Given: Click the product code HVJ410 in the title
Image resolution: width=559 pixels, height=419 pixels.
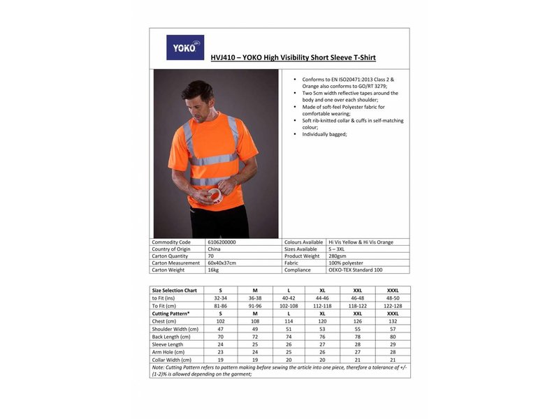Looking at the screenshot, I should (222, 58).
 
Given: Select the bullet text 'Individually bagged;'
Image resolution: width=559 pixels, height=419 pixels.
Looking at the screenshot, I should (324, 134).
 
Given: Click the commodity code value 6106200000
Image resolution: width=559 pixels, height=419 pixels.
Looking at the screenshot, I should (222, 242).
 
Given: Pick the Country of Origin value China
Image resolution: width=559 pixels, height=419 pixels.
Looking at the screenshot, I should (215, 249).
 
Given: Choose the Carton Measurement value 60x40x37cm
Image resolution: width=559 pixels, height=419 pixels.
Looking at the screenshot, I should (223, 263).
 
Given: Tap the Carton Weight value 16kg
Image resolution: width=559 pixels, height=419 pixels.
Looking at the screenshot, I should (213, 270).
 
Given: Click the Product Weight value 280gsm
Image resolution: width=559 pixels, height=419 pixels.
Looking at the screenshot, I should (339, 256).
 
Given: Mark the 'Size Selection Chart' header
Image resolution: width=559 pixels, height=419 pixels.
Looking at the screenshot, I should (175, 290).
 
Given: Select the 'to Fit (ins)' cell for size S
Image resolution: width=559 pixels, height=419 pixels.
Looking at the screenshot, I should (221, 297).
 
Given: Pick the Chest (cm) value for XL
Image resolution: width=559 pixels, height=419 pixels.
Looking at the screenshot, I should (322, 321).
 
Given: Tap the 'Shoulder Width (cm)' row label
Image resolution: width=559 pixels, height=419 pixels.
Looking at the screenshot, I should (175, 329).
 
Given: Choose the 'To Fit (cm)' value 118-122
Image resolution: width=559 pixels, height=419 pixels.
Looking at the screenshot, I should (358, 305).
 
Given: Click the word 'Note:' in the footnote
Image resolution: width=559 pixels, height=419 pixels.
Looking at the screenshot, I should (158, 367).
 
